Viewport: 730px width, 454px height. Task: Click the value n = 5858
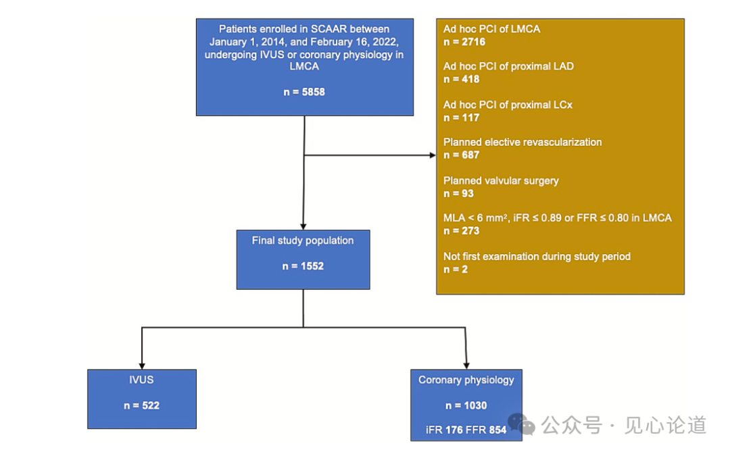[304, 91]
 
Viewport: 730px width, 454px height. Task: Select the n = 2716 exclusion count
[464, 42]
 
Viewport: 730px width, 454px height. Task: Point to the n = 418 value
[462, 79]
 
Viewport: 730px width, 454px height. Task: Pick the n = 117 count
[462, 118]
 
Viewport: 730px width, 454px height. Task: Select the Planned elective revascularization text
[522, 143]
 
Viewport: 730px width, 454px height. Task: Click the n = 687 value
[462, 155]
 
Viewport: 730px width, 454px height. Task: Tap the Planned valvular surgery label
[501, 180]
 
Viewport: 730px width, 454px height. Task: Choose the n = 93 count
[459, 193]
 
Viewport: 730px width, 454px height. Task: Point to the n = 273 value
[462, 231]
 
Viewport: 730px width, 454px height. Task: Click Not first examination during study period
[537, 256]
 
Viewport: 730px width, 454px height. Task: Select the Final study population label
[303, 241]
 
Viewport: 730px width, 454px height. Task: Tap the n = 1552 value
[303, 266]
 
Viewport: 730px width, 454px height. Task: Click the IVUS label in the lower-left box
[141, 380]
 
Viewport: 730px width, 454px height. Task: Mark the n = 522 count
[141, 405]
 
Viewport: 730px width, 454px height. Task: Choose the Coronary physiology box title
[466, 380]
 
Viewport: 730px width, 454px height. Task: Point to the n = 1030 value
[466, 405]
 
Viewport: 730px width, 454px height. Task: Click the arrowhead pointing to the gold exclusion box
[433, 155]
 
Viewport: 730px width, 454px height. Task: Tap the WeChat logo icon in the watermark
[521, 424]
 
